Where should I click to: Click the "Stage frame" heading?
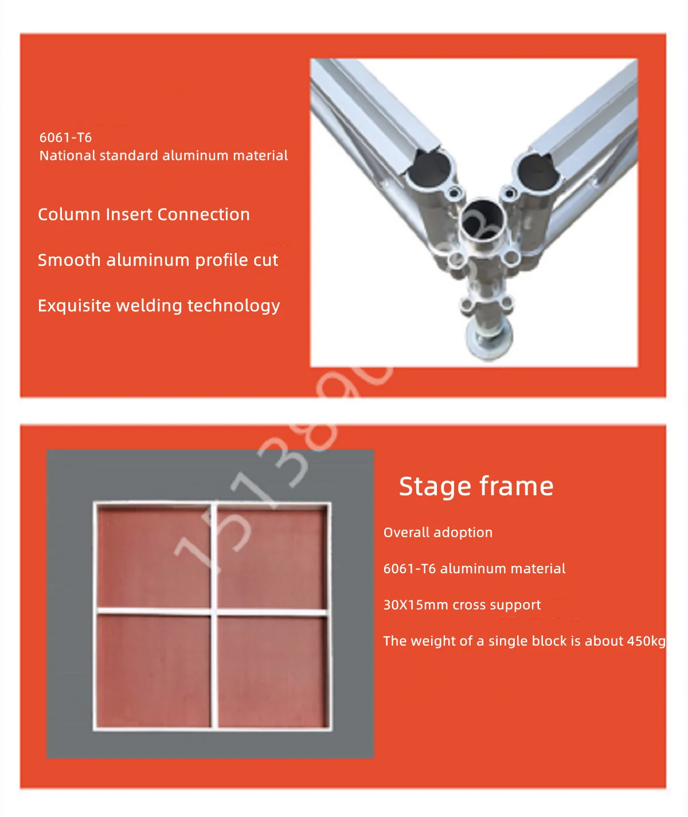[x=476, y=486]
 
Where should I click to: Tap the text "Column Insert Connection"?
[x=143, y=214]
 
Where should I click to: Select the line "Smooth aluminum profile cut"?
[x=158, y=260]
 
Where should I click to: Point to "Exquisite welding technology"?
[x=159, y=306]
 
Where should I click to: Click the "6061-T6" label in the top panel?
[x=65, y=138]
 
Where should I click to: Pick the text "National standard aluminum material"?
[x=163, y=155]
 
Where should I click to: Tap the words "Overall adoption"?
[x=437, y=533]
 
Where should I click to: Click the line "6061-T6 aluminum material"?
[x=474, y=569]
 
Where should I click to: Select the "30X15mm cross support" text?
[x=462, y=605]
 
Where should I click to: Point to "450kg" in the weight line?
[x=646, y=641]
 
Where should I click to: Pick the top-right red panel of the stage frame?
[x=272, y=557]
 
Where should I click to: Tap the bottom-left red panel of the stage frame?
[x=154, y=670]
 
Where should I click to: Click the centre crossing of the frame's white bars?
[x=214, y=611]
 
